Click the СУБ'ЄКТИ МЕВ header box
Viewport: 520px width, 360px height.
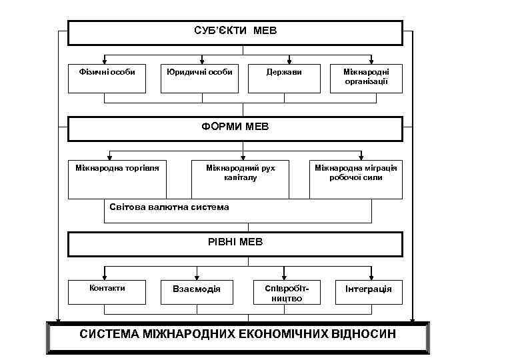pyautogui.click(x=235, y=32)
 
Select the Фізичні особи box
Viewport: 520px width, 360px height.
pyautogui.click(x=107, y=78)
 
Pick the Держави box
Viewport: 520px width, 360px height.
pyautogui.click(x=289, y=78)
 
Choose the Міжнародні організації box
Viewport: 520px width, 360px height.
pyautogui.click(x=366, y=78)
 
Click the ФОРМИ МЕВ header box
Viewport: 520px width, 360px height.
pyautogui.click(x=235, y=128)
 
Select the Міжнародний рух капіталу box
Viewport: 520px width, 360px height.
pyautogui.click(x=241, y=179)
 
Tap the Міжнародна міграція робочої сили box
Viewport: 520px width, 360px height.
pyautogui.click(x=356, y=179)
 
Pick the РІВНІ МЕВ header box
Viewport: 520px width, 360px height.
pyautogui.click(x=235, y=243)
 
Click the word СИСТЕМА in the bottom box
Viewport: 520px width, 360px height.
pyautogui.click(x=109, y=333)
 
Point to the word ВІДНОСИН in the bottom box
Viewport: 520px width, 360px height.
pyautogui.click(x=363, y=333)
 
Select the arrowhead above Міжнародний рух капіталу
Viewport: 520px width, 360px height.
pyautogui.click(x=241, y=156)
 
